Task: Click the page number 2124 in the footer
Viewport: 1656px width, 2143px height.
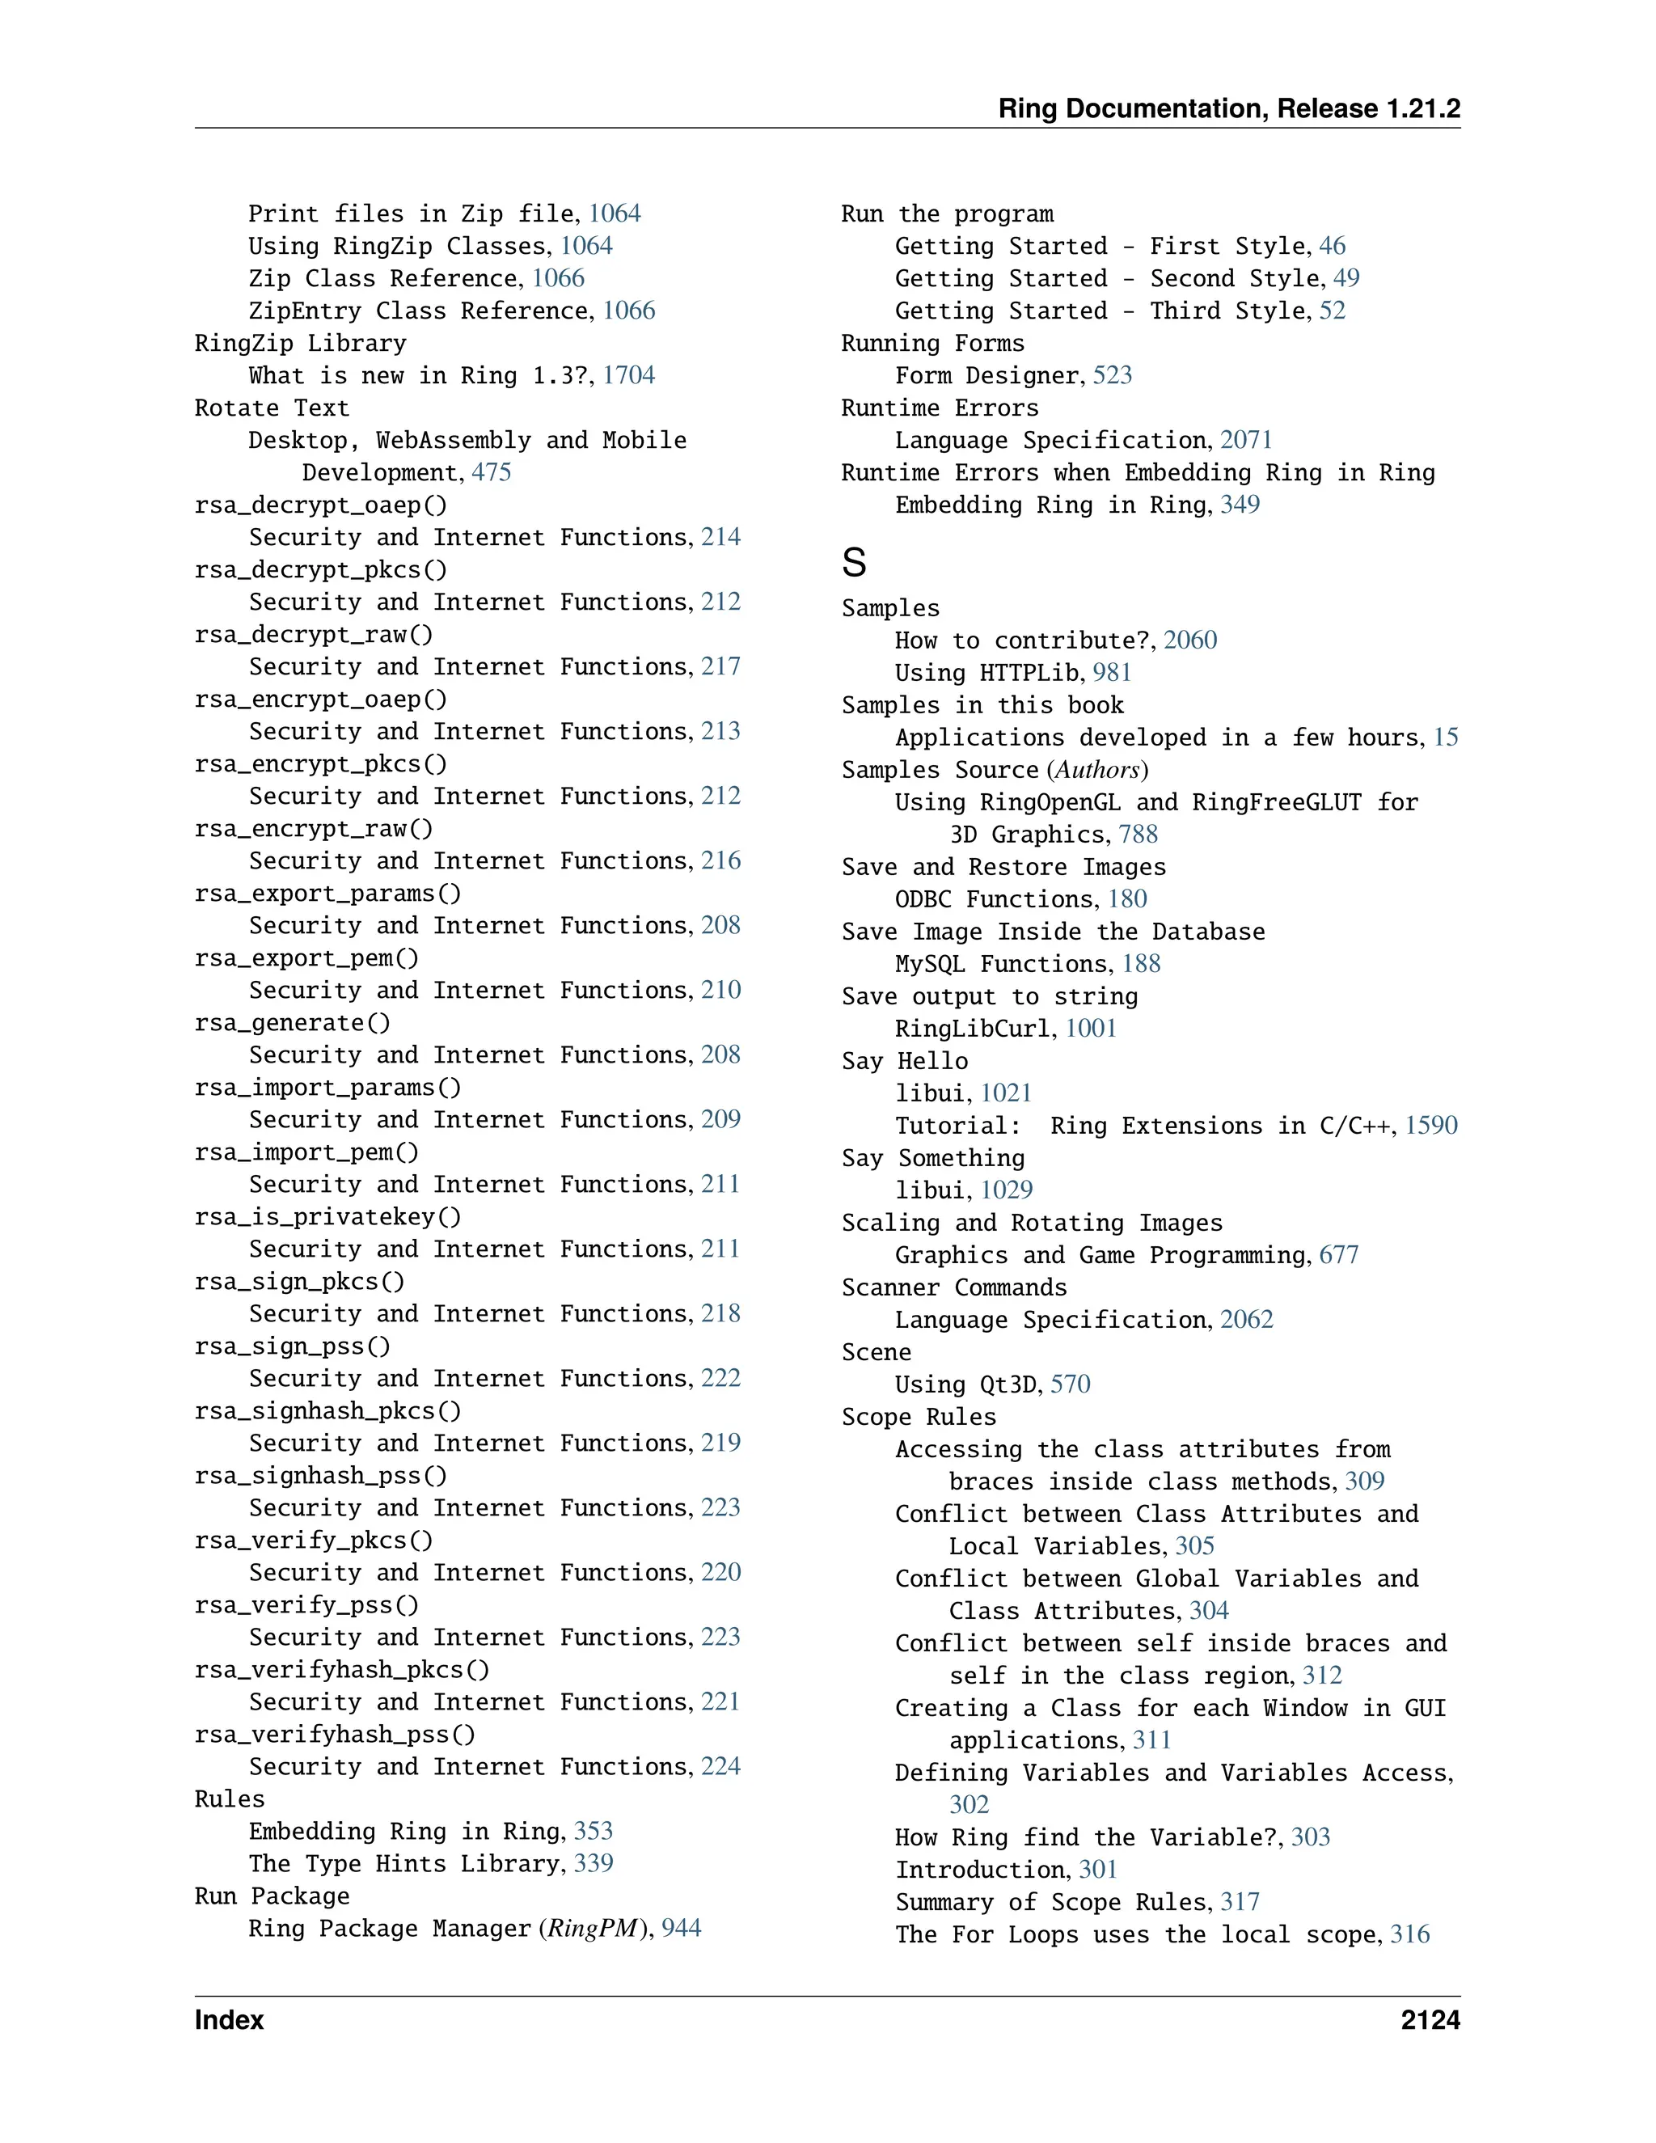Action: point(1430,2020)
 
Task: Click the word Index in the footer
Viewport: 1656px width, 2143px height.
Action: point(229,2020)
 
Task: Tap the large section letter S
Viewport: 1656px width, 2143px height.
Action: point(854,563)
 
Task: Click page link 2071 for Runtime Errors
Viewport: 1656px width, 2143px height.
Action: point(1245,441)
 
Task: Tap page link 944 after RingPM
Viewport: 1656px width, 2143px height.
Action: point(681,1928)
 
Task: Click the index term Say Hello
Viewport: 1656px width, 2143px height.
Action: point(905,1061)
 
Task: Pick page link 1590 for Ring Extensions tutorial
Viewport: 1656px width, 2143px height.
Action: point(1430,1126)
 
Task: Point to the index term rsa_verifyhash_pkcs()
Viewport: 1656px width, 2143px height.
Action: point(341,1670)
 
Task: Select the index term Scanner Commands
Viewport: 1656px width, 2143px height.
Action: point(953,1287)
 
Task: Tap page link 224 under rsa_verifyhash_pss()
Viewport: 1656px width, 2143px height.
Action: point(720,1766)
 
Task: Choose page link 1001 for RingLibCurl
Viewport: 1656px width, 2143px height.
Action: point(1090,1029)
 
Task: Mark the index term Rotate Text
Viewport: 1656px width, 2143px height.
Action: point(272,408)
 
